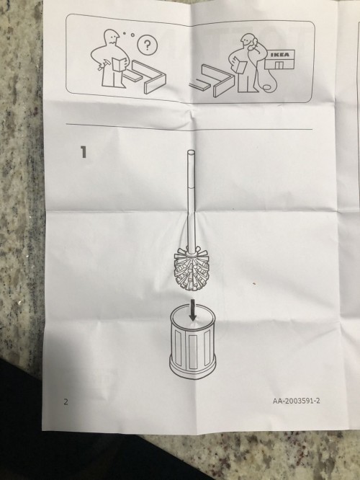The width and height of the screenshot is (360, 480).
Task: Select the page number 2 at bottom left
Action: click(66, 401)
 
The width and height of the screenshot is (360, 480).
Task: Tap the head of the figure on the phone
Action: click(249, 41)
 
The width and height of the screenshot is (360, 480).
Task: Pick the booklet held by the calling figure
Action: click(241, 70)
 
